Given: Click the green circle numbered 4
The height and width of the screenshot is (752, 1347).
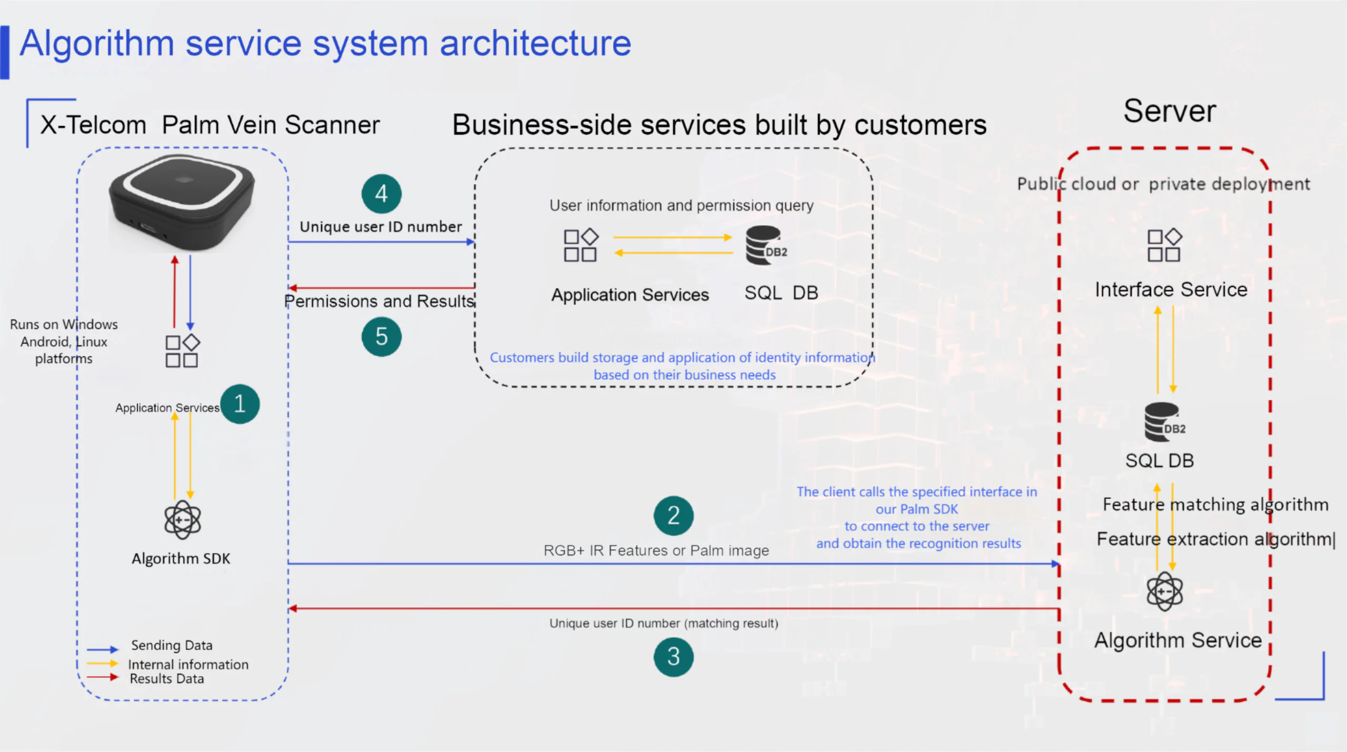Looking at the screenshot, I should (x=381, y=194).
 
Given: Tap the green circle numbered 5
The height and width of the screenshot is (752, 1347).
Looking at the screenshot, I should (x=381, y=336).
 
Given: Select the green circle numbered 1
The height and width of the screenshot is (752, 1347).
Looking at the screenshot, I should (x=240, y=404).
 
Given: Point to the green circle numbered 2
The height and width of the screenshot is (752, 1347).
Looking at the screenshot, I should (x=673, y=515).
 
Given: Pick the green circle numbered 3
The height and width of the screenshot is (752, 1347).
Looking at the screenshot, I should (x=673, y=657).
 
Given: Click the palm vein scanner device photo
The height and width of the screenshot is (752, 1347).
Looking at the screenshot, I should (x=182, y=203).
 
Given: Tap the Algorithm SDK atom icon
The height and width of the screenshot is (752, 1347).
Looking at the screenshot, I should (x=182, y=519).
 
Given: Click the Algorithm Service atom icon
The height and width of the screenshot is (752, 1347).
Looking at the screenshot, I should (x=1164, y=591).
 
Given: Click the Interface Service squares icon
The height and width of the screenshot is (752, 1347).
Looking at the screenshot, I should (x=1164, y=245).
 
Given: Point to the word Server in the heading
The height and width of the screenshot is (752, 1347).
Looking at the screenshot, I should (x=1169, y=111).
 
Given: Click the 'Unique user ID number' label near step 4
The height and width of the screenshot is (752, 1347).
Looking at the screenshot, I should (x=381, y=227).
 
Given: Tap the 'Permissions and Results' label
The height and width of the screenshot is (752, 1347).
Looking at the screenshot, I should (x=379, y=301).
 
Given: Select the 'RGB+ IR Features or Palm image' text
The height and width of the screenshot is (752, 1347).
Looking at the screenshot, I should (x=656, y=550).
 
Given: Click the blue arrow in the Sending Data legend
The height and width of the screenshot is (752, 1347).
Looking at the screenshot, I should (x=103, y=649).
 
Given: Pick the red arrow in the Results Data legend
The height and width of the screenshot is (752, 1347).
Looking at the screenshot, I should (x=103, y=677).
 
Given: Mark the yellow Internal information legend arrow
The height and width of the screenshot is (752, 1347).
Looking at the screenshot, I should (x=103, y=664).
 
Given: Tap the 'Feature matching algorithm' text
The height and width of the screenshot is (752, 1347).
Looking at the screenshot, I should (x=1215, y=505).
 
